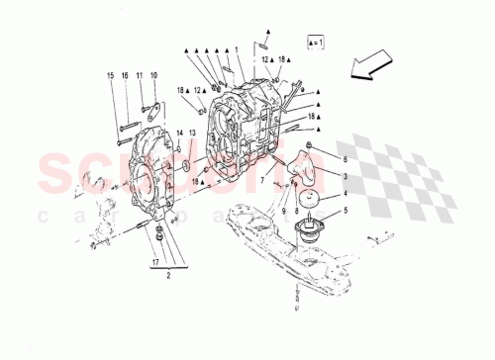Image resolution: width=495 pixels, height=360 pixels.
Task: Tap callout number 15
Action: click(111, 76)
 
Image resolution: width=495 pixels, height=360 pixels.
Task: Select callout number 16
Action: click(126, 76)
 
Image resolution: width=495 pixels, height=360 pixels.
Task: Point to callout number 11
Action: click(140, 76)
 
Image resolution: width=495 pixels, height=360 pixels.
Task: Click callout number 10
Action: click(153, 76)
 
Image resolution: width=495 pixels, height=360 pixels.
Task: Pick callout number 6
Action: click(346, 158)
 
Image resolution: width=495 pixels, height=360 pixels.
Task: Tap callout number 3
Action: click(346, 175)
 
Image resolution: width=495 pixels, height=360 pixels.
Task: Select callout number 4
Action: click(346, 193)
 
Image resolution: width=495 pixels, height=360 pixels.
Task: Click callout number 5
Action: click(346, 210)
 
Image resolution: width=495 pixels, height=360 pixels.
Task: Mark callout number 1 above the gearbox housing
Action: click(237, 50)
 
